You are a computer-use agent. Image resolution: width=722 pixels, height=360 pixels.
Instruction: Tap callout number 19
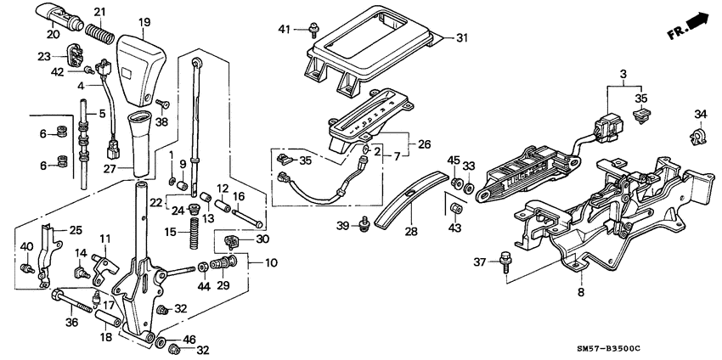point(144,21)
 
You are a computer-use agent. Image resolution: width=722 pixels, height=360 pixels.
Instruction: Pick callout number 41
point(285,30)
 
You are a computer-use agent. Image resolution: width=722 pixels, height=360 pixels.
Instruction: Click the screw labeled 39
point(364,222)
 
